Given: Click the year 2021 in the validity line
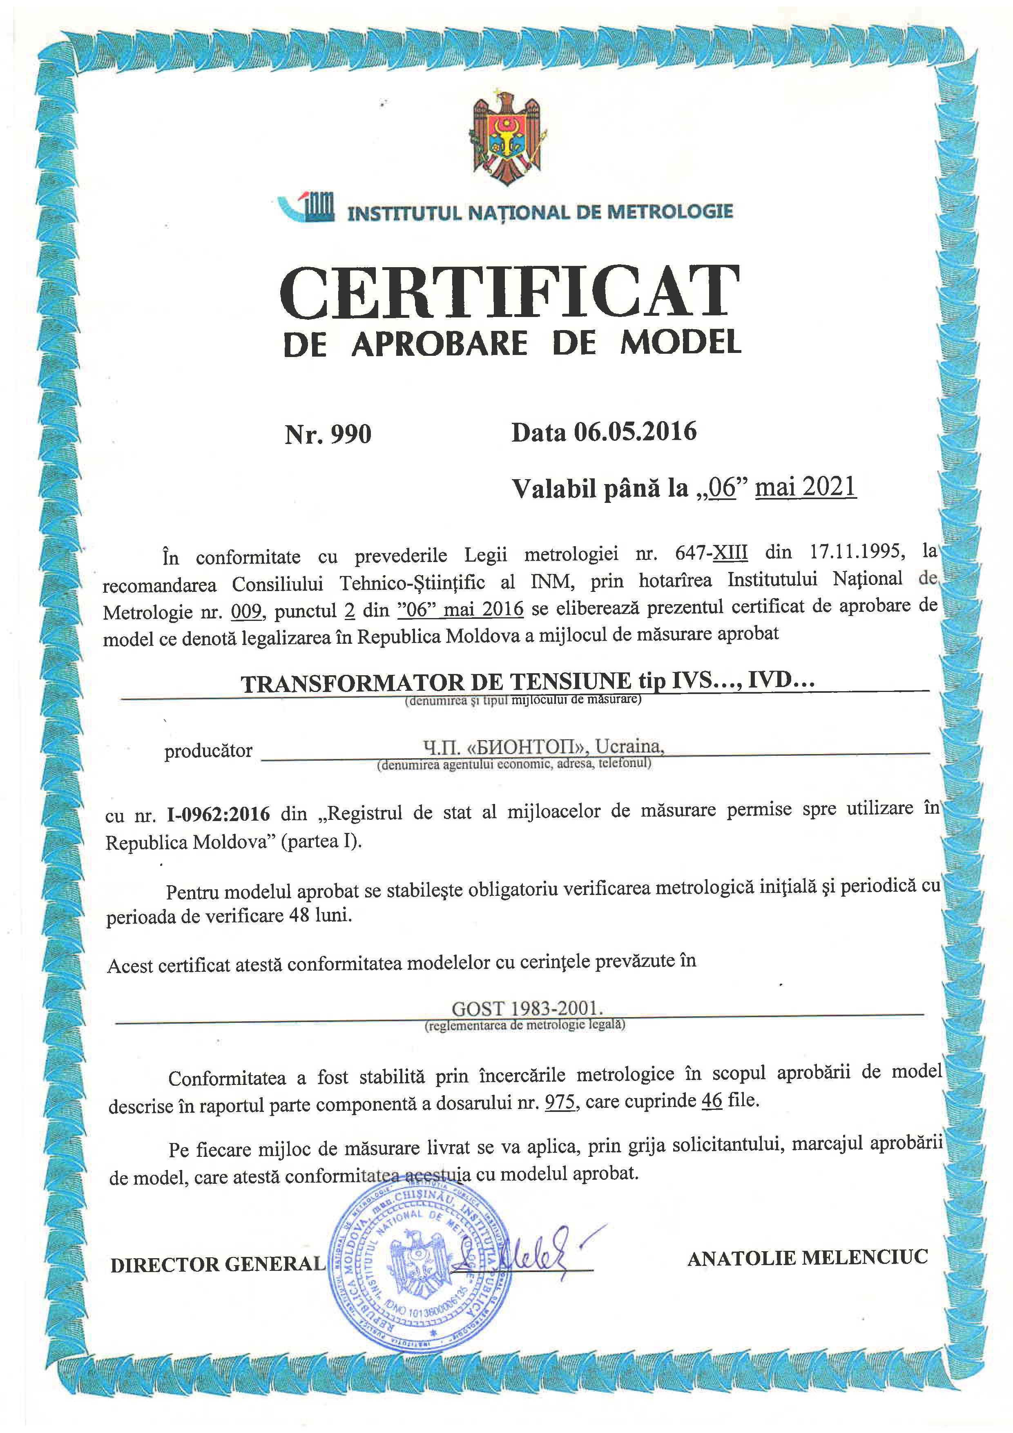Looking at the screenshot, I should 830,486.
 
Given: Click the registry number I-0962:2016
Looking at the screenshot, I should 219,814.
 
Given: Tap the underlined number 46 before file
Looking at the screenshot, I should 712,1101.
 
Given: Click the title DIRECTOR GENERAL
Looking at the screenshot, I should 218,1264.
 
